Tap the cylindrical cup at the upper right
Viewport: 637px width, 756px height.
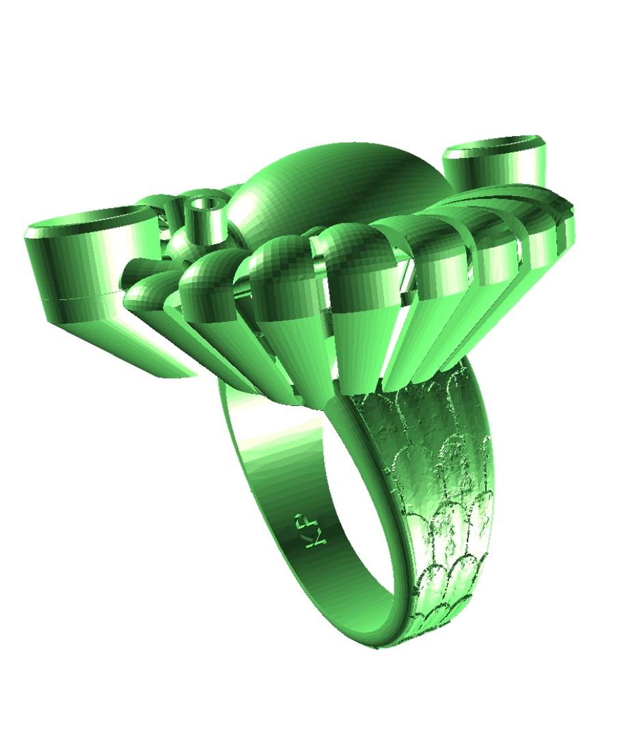[496, 164]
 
